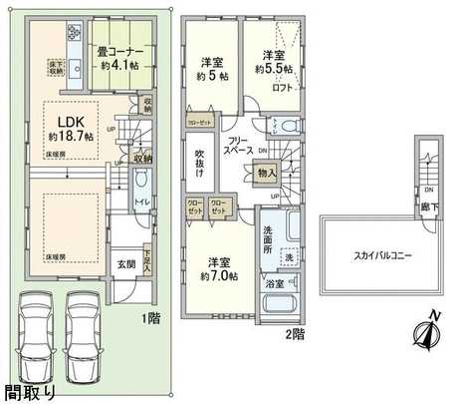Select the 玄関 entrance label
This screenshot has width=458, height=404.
[126, 263]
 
